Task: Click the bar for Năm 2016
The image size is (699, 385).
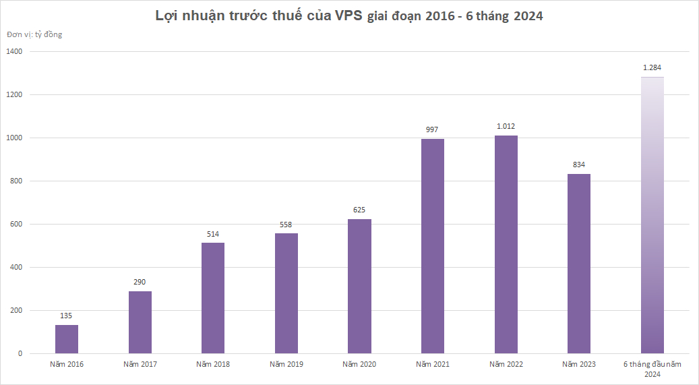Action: click(x=67, y=339)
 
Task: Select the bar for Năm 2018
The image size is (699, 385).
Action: click(x=213, y=298)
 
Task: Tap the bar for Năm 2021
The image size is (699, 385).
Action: click(x=433, y=246)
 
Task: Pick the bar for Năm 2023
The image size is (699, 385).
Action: click(x=579, y=264)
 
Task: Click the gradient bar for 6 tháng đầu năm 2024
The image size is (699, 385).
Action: click(x=652, y=216)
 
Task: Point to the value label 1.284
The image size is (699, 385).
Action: click(x=652, y=67)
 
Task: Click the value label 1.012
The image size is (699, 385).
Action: click(x=506, y=126)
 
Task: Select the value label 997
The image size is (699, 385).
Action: click(x=433, y=129)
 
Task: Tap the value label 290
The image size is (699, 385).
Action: click(x=140, y=282)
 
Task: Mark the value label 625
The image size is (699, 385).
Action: click(x=359, y=210)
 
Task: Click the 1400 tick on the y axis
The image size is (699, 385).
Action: click(x=14, y=51)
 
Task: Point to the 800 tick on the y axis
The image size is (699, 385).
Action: click(x=16, y=181)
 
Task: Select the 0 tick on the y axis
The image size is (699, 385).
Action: click(x=20, y=353)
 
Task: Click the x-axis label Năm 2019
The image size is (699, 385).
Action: click(x=286, y=365)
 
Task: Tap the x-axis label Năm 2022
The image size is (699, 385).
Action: click(x=506, y=365)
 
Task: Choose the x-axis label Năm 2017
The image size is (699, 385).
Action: click(x=140, y=365)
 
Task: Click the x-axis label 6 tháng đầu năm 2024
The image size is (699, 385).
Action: click(x=652, y=369)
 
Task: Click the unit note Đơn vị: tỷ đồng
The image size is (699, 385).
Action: click(x=34, y=34)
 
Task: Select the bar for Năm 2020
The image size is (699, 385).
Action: click(x=359, y=287)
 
